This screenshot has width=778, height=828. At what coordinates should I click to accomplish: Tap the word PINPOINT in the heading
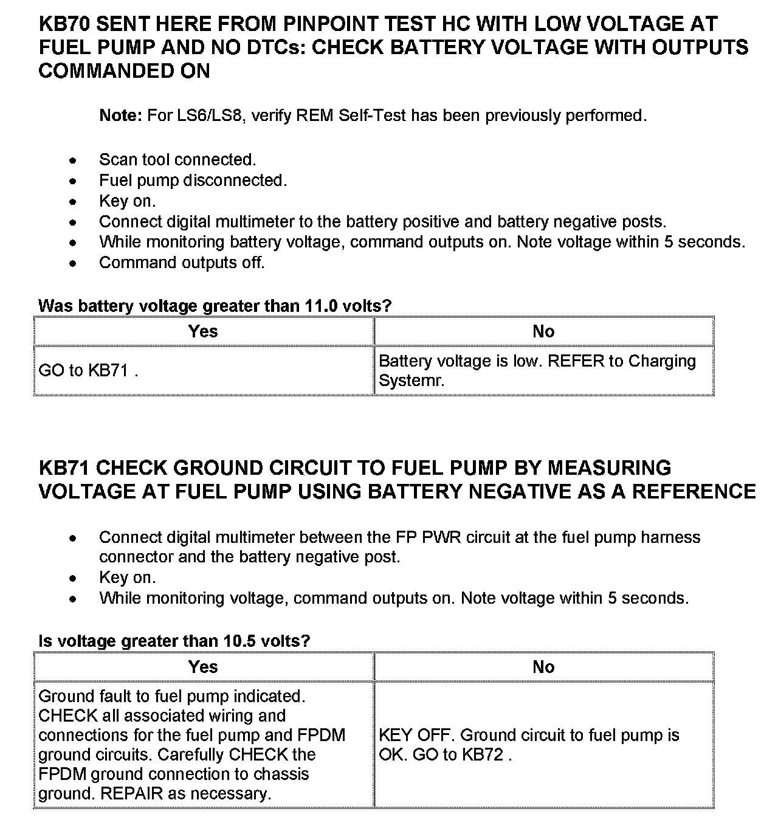coord(333,24)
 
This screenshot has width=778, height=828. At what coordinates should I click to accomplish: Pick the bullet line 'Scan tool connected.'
coord(177,160)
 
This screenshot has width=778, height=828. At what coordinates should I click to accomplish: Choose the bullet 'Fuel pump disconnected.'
coord(193,181)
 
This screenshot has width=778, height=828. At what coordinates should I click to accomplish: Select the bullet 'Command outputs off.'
coord(182,263)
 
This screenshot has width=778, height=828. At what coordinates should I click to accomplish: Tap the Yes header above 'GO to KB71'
coord(203,331)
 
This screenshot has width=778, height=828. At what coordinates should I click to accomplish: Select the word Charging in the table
coord(662,361)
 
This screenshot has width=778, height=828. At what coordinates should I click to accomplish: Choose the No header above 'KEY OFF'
coord(543,667)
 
